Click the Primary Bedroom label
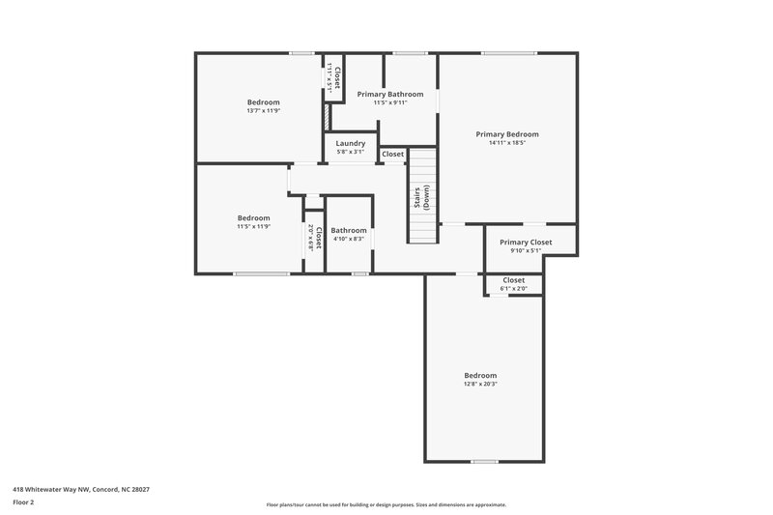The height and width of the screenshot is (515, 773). tap(506, 134)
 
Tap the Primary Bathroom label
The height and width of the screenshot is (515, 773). tap(389, 94)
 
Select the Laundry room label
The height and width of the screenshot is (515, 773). tap(350, 143)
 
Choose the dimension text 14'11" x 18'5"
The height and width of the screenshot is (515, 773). tap(506, 143)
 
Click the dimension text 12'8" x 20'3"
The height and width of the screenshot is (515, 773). tap(480, 384)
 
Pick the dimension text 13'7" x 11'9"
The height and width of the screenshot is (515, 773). tap(263, 111)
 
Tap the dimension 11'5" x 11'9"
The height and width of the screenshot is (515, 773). tap(253, 226)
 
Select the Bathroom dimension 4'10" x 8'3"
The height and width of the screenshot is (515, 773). tap(348, 239)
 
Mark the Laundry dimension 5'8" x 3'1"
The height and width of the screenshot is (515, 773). tap(350, 152)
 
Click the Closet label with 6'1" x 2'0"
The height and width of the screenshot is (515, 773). tap(513, 280)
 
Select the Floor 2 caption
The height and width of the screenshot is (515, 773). tap(24, 502)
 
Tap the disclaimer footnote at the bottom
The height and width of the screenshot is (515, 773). tap(386, 504)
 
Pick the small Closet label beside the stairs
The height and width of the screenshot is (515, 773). tap(392, 154)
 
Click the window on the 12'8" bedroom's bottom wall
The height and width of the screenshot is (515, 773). tap(484, 462)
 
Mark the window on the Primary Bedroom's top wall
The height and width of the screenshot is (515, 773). tap(509, 53)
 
